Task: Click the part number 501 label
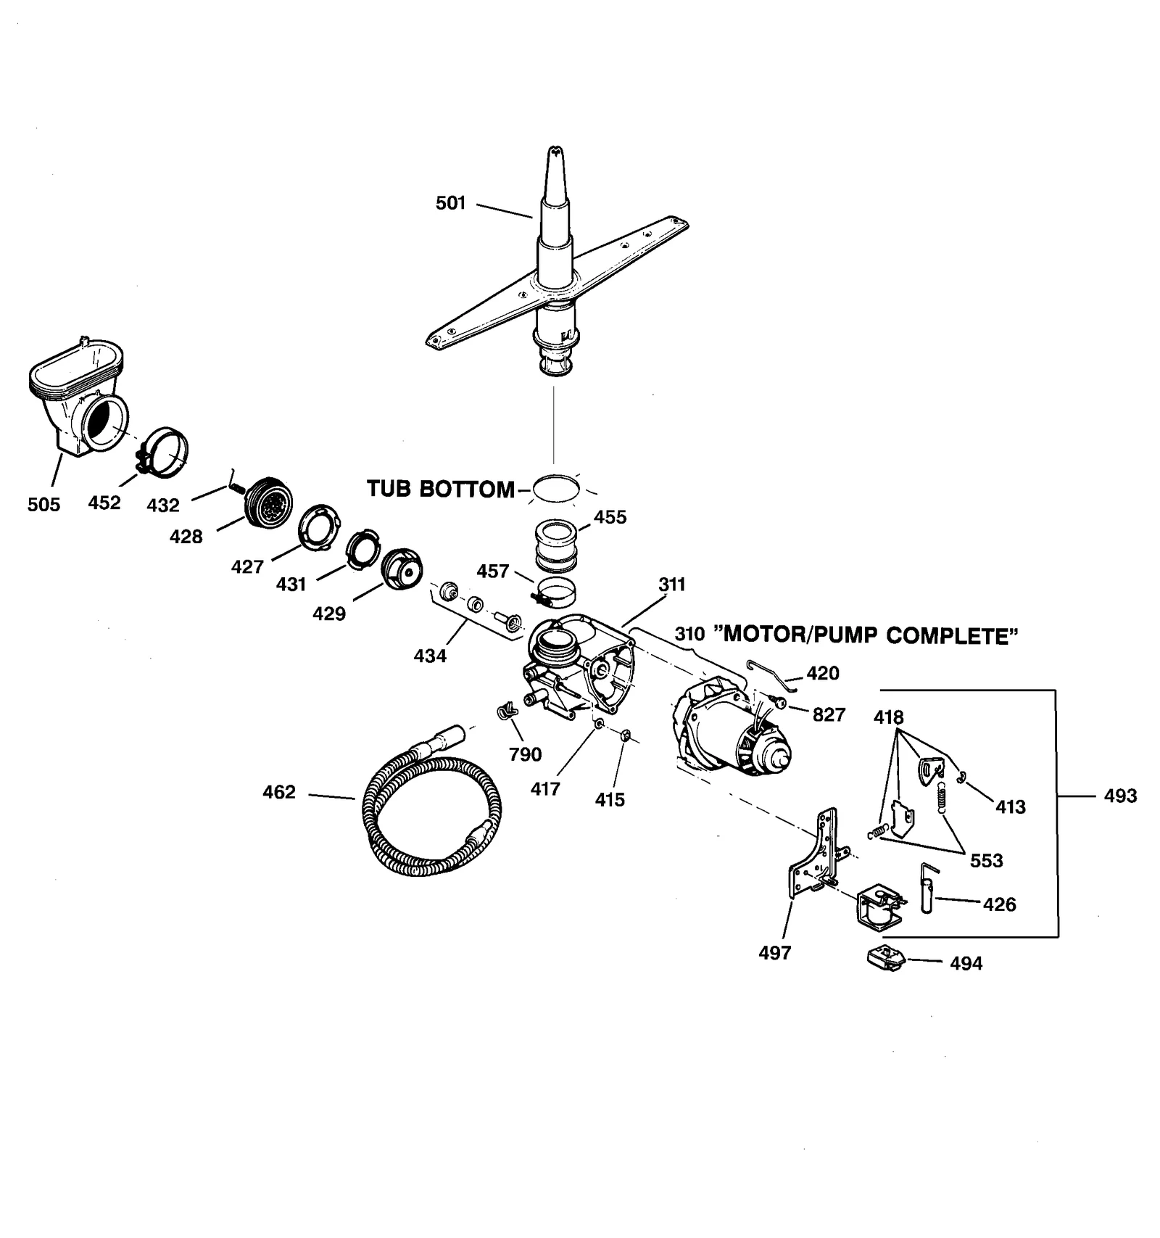point(450,203)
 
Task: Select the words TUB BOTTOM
point(440,489)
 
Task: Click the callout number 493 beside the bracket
point(1120,796)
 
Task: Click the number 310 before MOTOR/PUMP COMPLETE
point(689,634)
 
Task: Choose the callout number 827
point(829,715)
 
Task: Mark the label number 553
point(986,861)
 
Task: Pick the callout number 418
point(888,717)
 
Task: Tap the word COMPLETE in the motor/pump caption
point(951,636)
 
